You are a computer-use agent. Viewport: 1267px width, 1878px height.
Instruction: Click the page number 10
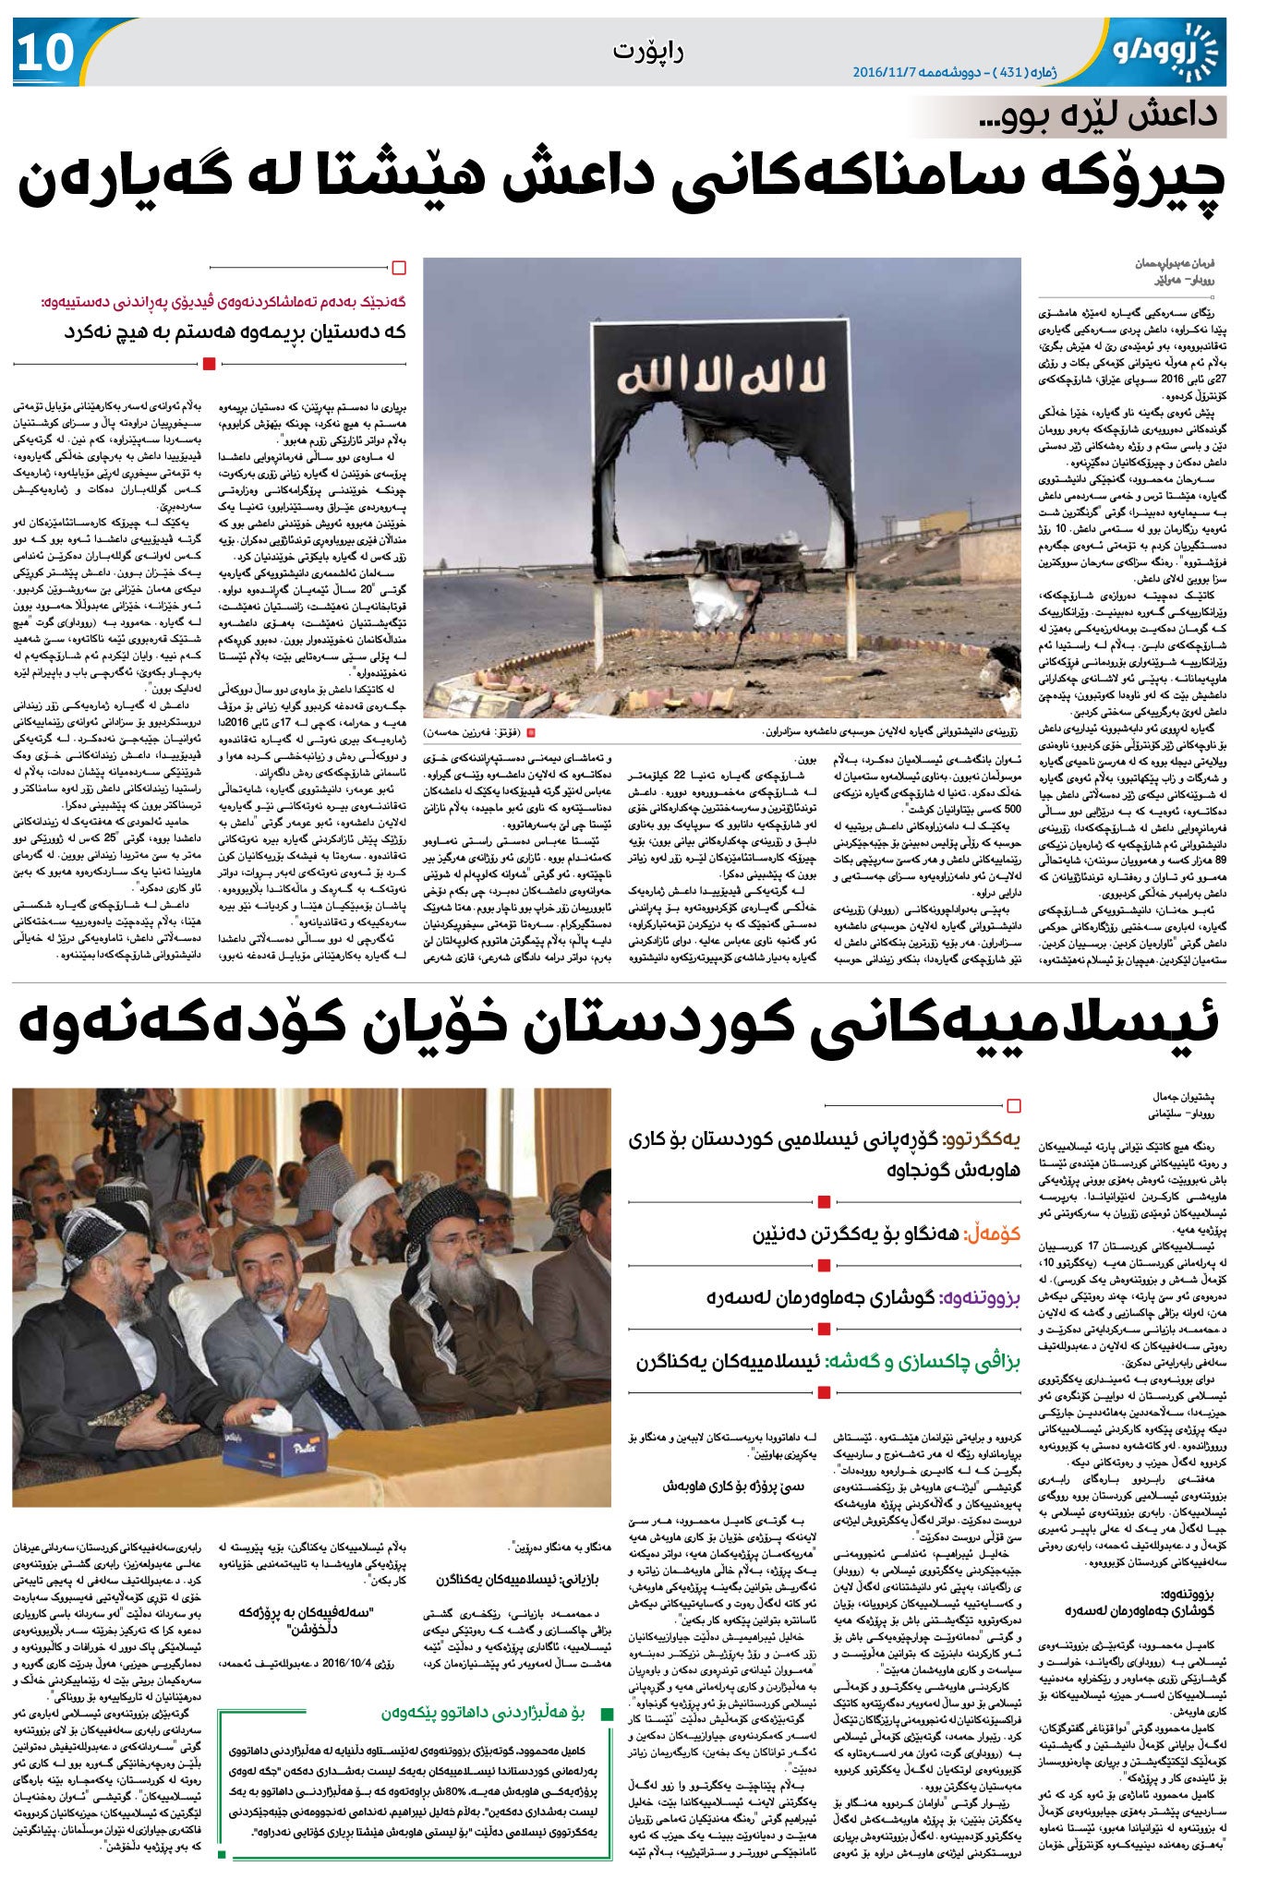click(44, 54)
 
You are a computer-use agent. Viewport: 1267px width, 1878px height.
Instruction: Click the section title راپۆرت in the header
click(648, 51)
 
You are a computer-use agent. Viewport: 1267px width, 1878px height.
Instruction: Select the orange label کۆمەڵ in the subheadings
click(997, 1235)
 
